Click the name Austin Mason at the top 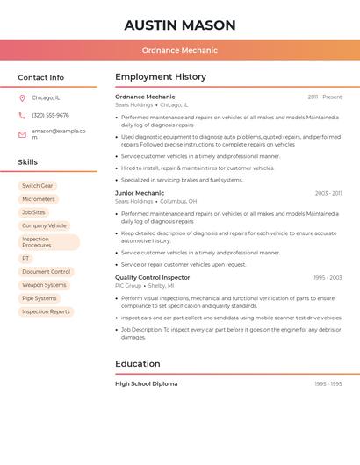(180, 25)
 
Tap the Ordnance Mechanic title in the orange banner (180, 50)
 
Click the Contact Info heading (41, 77)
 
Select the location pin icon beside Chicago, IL (22, 98)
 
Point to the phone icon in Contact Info (22, 116)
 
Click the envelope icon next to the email (22, 134)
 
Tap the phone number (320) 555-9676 (50, 116)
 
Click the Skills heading (28, 162)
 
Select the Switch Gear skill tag (38, 186)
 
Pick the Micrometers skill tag (39, 199)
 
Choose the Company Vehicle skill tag (44, 225)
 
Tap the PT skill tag (26, 259)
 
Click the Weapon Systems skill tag (44, 285)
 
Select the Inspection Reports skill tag (46, 311)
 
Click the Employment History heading (161, 77)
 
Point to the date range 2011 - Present (325, 97)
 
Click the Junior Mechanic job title (140, 193)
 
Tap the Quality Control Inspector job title (153, 277)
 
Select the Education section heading (138, 364)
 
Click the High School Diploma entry (147, 383)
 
